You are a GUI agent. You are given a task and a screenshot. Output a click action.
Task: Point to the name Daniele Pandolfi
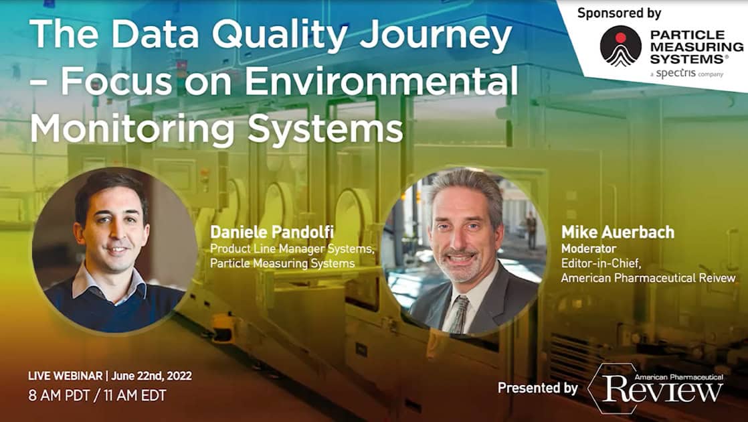click(x=272, y=232)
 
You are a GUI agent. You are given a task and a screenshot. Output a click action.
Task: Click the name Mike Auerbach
click(x=618, y=232)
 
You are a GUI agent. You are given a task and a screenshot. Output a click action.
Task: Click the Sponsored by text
click(x=619, y=13)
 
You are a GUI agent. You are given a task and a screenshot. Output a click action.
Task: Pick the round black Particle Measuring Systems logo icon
click(x=621, y=46)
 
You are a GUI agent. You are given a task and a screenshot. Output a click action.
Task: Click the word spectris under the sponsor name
click(x=676, y=73)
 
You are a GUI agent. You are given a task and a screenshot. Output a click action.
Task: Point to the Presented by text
click(x=538, y=388)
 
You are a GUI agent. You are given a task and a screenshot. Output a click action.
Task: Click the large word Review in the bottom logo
click(x=662, y=390)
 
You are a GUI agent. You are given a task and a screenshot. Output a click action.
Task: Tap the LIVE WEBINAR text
click(x=66, y=376)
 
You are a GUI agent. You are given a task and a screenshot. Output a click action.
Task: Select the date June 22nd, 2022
click(x=151, y=376)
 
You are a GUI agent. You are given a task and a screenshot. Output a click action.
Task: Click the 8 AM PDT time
click(x=59, y=396)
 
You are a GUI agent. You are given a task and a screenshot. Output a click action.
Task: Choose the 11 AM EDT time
click(x=134, y=396)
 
